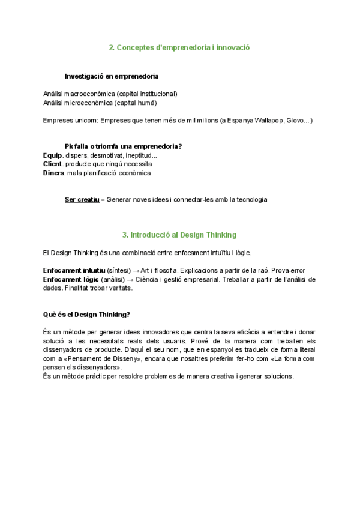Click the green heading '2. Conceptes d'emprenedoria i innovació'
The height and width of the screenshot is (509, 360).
179,47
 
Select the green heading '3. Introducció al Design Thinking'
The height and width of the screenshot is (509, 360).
179,235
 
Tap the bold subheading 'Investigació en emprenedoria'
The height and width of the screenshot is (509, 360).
112,76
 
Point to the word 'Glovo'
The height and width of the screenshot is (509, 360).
295,121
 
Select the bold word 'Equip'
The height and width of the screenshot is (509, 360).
53,155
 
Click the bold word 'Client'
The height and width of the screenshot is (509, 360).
53,164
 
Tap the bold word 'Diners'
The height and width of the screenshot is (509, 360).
54,173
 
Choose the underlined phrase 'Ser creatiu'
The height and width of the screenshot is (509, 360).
82,199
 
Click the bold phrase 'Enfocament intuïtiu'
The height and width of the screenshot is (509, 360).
74,270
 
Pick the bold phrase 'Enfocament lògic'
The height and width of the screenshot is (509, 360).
70,279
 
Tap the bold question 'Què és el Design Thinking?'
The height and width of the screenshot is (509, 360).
86,314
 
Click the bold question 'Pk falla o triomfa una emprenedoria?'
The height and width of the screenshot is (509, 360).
124,146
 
